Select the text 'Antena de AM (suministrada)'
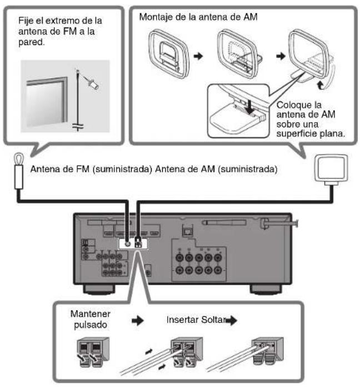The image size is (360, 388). (x=217, y=167)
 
